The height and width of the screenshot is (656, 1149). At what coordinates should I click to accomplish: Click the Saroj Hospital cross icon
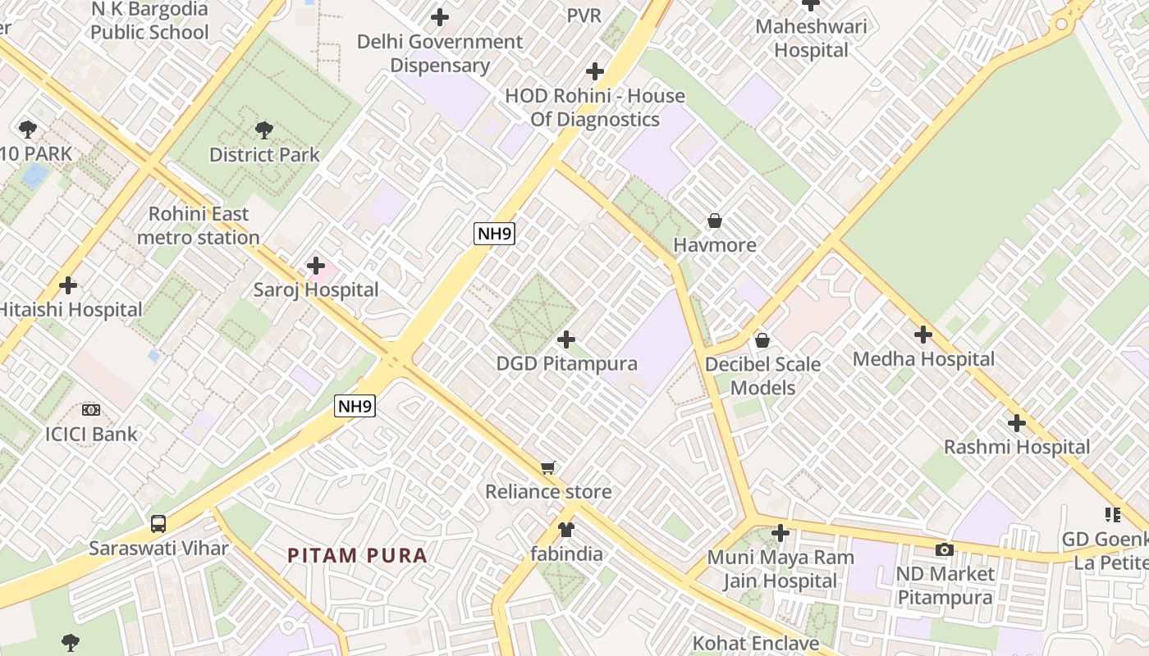point(316,266)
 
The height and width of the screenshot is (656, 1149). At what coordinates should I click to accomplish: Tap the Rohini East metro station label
point(199,225)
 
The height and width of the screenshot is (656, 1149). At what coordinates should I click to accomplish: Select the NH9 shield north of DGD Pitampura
point(495,234)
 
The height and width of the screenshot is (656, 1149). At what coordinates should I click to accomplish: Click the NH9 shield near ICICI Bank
point(355,405)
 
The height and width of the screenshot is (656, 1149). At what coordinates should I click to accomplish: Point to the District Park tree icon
point(263,130)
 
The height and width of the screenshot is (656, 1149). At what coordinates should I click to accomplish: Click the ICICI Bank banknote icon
point(91,409)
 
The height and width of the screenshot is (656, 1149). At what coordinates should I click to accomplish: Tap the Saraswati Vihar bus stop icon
point(158,523)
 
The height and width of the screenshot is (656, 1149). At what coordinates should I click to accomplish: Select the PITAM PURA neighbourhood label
point(357,555)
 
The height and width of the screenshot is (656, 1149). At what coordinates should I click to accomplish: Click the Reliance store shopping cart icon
point(548,467)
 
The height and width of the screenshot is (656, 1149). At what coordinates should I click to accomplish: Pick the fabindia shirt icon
point(566,530)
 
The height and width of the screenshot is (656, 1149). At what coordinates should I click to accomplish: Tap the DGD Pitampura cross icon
point(566,339)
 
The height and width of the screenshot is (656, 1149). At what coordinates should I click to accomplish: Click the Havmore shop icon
point(715,221)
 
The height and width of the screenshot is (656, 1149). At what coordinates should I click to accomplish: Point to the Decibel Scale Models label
point(762,376)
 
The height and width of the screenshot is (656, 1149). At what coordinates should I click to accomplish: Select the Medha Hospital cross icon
point(923,335)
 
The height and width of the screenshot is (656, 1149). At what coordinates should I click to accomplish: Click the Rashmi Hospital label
point(1017,447)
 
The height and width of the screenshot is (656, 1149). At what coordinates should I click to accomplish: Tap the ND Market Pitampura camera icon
point(945,549)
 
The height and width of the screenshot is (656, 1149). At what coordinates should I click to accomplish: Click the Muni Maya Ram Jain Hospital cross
point(780,533)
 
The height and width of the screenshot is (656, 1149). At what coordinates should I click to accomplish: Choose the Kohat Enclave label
point(756,643)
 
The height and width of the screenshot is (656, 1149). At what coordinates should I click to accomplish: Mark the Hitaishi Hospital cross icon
point(69,285)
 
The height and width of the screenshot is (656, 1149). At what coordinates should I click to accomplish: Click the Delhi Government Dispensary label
point(440,53)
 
